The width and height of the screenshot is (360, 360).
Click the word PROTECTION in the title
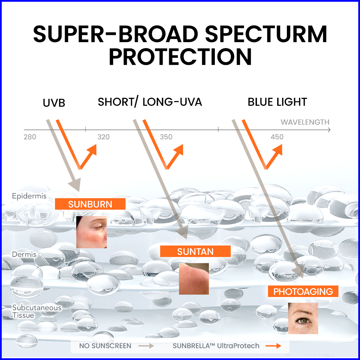pos(180,57)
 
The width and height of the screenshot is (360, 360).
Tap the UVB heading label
pos(54,103)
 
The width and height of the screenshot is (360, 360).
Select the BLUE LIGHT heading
pos(277,102)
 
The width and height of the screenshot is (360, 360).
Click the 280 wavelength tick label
pos(30,137)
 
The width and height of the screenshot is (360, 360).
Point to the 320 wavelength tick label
pos(103,137)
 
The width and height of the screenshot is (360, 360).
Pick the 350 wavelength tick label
pos(166,137)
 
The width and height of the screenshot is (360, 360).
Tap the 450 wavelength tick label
pos(277,137)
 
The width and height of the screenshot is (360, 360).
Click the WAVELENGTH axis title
pos(305,122)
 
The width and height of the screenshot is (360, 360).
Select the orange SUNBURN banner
pos(90,204)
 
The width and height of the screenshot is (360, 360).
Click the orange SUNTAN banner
pos(195,251)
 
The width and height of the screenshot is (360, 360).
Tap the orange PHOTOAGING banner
pos(303,291)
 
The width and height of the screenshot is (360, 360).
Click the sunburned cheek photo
pos(92,232)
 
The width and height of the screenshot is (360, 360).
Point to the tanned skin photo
pos(194,279)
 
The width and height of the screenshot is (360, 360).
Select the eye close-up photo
pos(303,318)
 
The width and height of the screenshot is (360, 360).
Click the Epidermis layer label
pos(29,196)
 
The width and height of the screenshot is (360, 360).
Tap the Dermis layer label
pos(24,255)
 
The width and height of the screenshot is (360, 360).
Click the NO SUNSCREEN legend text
pos(105,346)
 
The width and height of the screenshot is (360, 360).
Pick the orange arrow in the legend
pos(273,346)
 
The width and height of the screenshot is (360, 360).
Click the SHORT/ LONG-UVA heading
pos(150,102)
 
